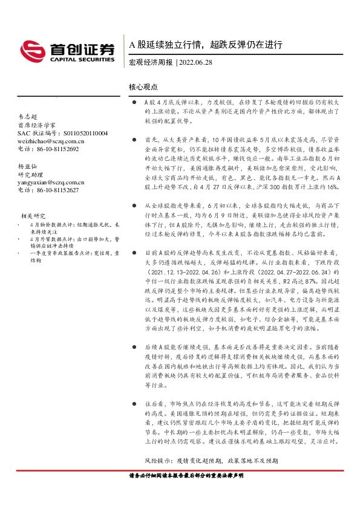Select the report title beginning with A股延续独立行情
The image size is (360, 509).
(206, 45)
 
